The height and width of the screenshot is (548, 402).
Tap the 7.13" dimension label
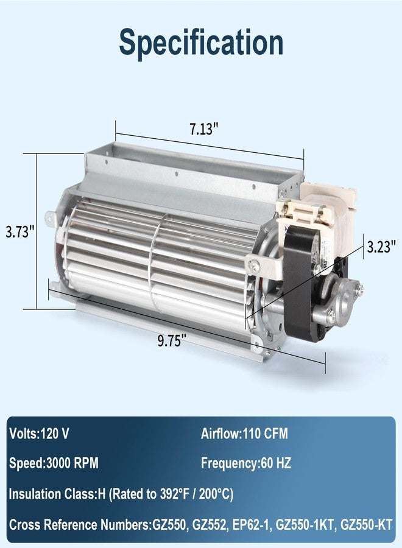coord(204,129)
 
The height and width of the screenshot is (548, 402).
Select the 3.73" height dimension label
coord(20,231)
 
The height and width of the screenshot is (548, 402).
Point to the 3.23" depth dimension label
coord(381,247)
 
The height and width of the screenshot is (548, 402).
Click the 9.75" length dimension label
coord(169,340)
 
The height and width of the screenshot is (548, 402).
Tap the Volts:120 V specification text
coord(39,434)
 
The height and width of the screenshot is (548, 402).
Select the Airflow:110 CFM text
coord(244,434)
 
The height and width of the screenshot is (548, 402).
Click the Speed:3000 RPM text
coord(54,463)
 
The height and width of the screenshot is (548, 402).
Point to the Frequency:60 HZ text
coord(246,463)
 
